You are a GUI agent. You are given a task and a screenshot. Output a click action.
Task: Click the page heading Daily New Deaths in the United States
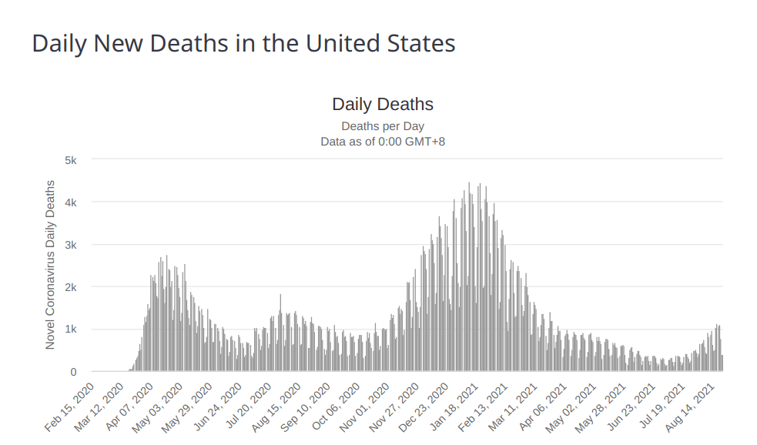click(243, 43)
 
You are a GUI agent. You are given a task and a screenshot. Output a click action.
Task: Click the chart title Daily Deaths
click(383, 104)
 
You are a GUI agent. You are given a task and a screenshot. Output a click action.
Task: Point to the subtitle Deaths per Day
click(383, 126)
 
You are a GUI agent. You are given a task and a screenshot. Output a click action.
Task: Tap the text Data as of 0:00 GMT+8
click(383, 142)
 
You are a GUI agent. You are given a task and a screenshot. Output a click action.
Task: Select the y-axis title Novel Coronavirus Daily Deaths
click(50, 265)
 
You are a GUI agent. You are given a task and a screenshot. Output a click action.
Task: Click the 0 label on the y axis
click(73, 372)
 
